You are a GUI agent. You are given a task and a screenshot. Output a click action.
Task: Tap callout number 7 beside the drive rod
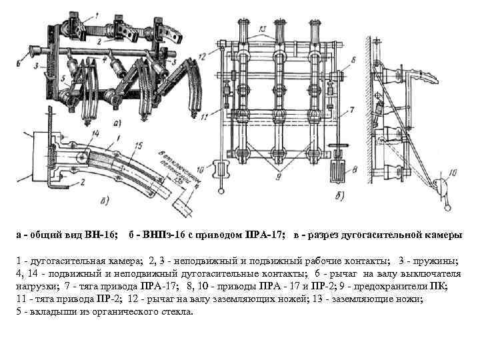[351, 109]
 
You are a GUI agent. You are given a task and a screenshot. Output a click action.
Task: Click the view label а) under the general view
[117, 122]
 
